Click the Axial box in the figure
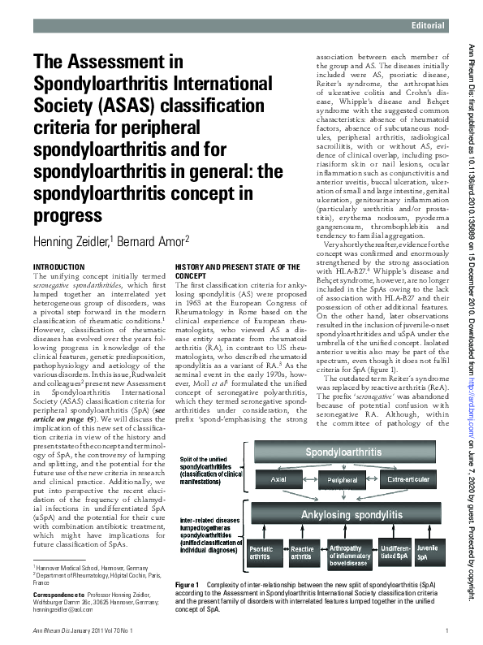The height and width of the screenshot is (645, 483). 281,480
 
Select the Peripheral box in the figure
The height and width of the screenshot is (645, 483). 347,480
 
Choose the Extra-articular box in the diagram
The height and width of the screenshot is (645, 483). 414,480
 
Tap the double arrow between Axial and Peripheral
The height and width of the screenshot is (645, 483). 313,480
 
